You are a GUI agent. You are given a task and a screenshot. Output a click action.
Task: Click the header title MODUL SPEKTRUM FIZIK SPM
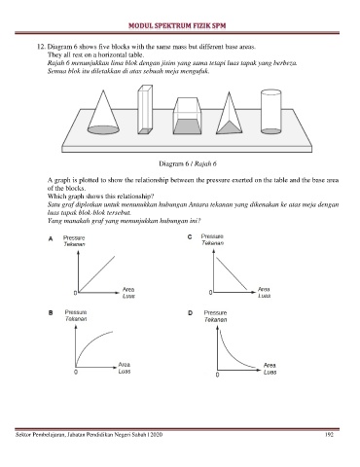(177, 26)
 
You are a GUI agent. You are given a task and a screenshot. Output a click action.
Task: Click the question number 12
(41, 47)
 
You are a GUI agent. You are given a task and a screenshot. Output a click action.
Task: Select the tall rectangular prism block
(145, 109)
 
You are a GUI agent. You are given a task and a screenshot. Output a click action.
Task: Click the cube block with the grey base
(187, 116)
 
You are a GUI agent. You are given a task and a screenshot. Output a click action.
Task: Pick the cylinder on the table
(270, 112)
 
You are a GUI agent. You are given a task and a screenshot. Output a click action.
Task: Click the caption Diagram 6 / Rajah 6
(188, 163)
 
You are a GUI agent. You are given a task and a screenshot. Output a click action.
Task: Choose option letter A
(51, 239)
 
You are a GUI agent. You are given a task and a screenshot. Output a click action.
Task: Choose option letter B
(51, 313)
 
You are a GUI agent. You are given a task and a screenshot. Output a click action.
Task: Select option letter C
(190, 237)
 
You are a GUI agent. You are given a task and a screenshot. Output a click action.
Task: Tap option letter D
(190, 313)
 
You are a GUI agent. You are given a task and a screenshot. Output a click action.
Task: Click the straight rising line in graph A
(96, 273)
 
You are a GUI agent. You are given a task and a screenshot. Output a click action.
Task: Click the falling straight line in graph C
(232, 273)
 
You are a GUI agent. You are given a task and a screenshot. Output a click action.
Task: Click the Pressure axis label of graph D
(215, 312)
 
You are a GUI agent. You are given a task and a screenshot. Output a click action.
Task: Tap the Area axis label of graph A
(128, 289)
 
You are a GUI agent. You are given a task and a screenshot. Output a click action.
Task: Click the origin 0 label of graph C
(210, 293)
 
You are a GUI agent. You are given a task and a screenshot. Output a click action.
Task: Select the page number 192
(329, 435)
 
